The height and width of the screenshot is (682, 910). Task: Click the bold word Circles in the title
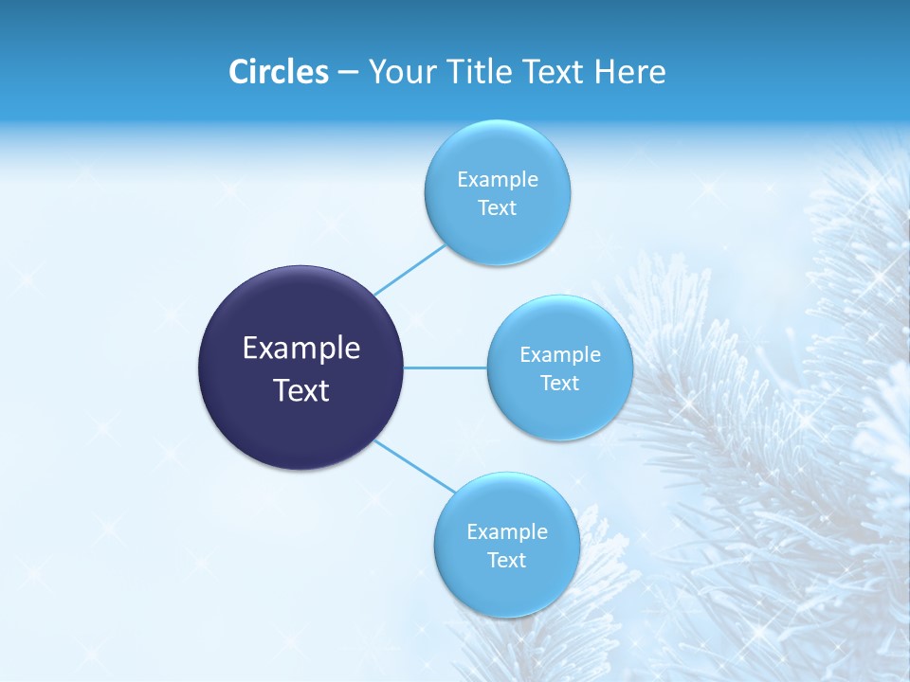[278, 72]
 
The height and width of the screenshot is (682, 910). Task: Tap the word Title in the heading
[471, 72]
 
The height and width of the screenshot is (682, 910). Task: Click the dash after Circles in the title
[347, 73]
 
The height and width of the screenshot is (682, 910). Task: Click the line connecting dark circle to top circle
[409, 270]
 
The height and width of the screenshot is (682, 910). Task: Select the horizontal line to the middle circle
[446, 368]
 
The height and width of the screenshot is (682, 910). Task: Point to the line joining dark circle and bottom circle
[414, 466]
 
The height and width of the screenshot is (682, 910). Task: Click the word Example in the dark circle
[301, 349]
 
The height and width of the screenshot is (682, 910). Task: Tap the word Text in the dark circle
[301, 390]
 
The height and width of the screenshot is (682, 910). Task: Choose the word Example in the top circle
[498, 179]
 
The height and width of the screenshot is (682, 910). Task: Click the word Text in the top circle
[497, 208]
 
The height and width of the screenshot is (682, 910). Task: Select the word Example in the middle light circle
[560, 354]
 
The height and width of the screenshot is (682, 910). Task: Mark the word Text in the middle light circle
[559, 383]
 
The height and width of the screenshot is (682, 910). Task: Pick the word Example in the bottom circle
[507, 531]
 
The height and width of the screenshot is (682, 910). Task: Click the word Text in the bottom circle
[506, 560]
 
